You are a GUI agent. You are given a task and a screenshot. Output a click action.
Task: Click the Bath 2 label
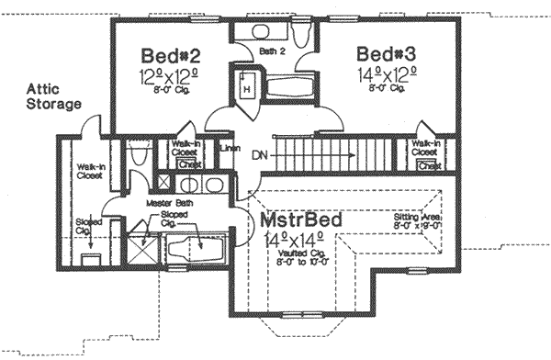point(271,51)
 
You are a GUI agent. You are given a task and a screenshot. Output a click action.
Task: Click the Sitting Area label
point(418,217)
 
